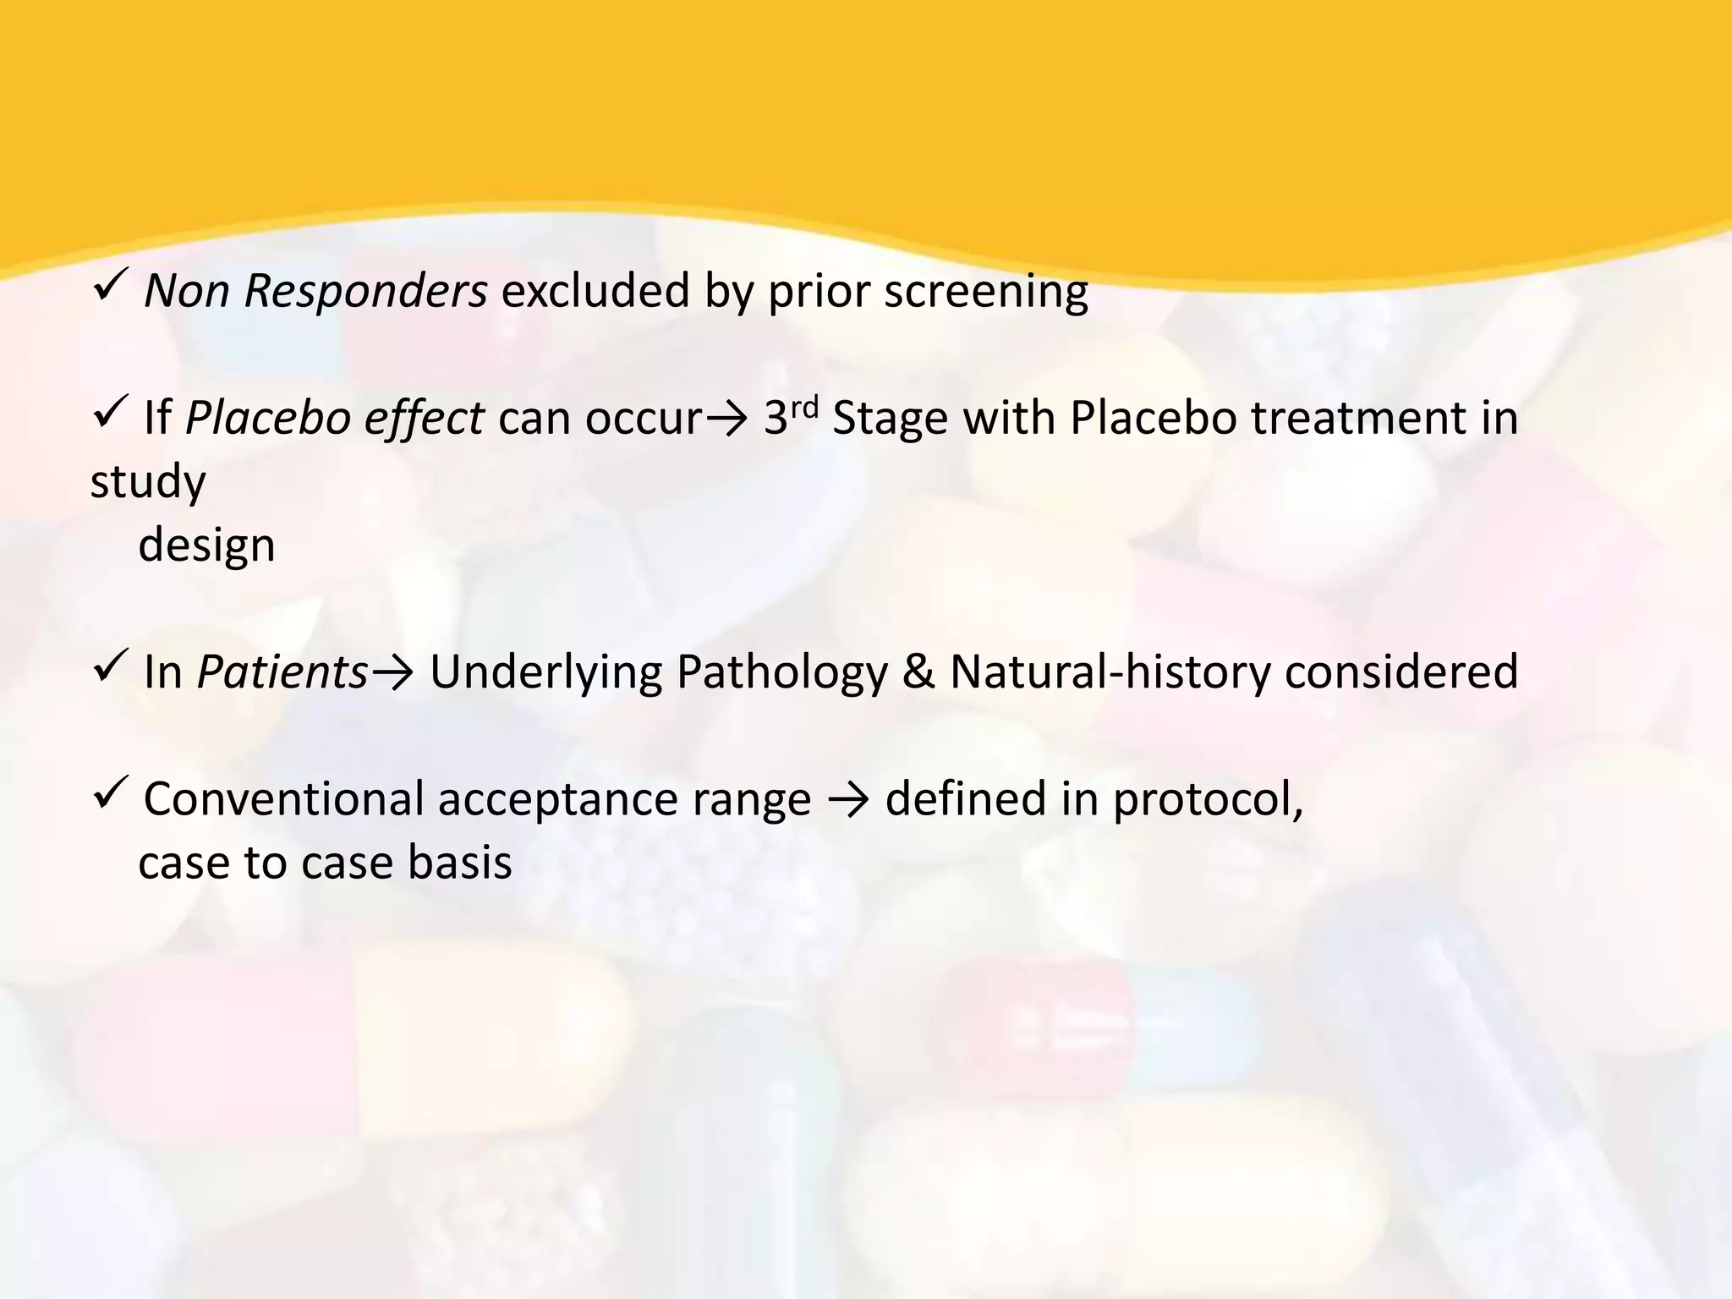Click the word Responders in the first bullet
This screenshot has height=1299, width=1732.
click(x=365, y=292)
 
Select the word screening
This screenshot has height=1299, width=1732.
click(x=986, y=292)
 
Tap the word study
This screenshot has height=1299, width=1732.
click(x=148, y=483)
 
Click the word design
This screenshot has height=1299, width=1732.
click(x=206, y=545)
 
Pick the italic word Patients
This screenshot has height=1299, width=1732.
click(x=282, y=672)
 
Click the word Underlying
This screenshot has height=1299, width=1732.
click(x=545, y=672)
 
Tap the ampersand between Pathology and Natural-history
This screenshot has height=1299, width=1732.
click(x=918, y=672)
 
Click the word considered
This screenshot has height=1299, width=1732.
click(x=1401, y=672)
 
